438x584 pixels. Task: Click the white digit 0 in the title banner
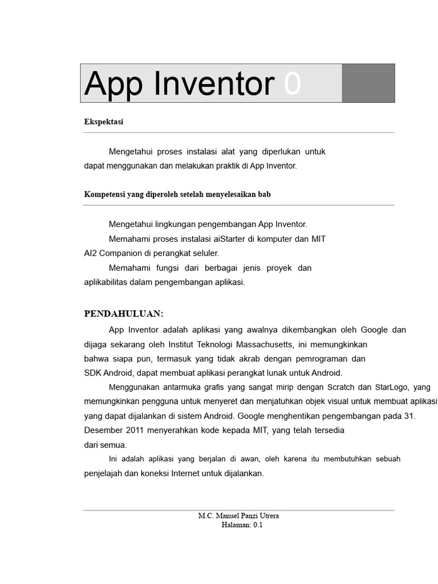click(x=292, y=84)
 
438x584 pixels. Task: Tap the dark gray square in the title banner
click(x=368, y=83)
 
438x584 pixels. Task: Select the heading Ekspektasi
click(x=104, y=122)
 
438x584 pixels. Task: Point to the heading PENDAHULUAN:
click(x=124, y=314)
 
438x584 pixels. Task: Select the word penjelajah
click(x=103, y=473)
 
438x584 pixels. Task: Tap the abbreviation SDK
click(x=92, y=373)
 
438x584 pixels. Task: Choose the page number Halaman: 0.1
click(x=242, y=525)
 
